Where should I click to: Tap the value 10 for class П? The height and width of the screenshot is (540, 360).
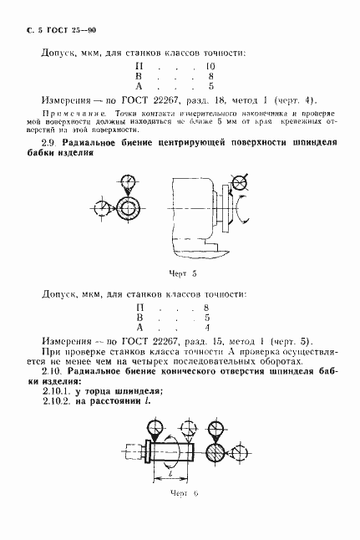click(210, 65)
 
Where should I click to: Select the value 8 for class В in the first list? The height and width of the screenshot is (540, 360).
click(210, 75)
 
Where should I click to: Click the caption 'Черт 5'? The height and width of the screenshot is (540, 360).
click(181, 273)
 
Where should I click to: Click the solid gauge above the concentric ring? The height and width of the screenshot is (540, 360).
click(129, 181)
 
